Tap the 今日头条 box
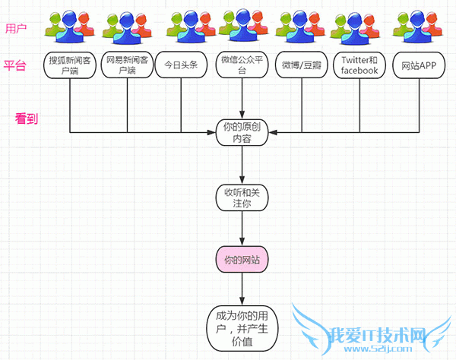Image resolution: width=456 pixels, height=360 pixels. tap(182, 65)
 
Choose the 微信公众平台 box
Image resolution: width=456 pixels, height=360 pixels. tap(242, 65)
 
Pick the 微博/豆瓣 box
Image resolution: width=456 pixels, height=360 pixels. tap(300, 65)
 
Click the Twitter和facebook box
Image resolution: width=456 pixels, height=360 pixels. tap(359, 65)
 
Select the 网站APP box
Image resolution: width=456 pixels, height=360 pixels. tap(417, 65)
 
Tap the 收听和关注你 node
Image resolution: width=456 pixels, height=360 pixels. tap(242, 197)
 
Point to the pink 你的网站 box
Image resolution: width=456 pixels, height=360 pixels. tap(242, 261)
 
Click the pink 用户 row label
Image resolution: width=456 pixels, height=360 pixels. tap(16, 29)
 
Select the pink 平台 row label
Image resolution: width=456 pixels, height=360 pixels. tap(16, 65)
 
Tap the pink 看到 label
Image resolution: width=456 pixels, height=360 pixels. tap(27, 119)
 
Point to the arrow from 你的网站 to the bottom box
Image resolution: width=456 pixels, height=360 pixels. tap(242, 289)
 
